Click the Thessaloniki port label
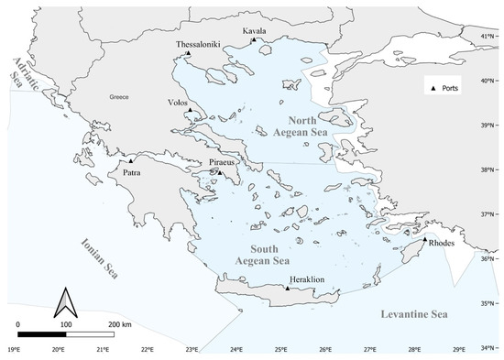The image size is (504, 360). tap(199, 44)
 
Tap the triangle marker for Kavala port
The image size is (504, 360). tap(255, 39)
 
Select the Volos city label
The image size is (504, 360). tap(180, 103)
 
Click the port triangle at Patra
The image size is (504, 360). tap(131, 161)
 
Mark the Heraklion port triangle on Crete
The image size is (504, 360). tap(287, 288)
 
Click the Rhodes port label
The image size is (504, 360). tap(441, 243)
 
